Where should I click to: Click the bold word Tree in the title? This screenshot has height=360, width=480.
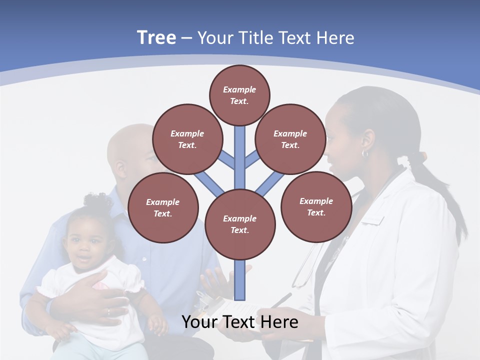156,37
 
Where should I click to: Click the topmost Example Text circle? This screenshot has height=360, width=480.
239,95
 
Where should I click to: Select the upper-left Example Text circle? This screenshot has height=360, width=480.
187,139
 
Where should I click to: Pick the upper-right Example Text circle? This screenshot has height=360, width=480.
290,139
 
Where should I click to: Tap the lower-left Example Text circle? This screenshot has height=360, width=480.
163,208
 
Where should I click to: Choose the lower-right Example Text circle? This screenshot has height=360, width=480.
316,207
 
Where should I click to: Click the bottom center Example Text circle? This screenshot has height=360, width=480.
240,224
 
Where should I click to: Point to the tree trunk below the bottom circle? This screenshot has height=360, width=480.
240,280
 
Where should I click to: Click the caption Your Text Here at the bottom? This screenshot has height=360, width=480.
239,322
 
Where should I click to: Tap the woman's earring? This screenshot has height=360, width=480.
364,154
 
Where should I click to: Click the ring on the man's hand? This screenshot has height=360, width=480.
108,311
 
